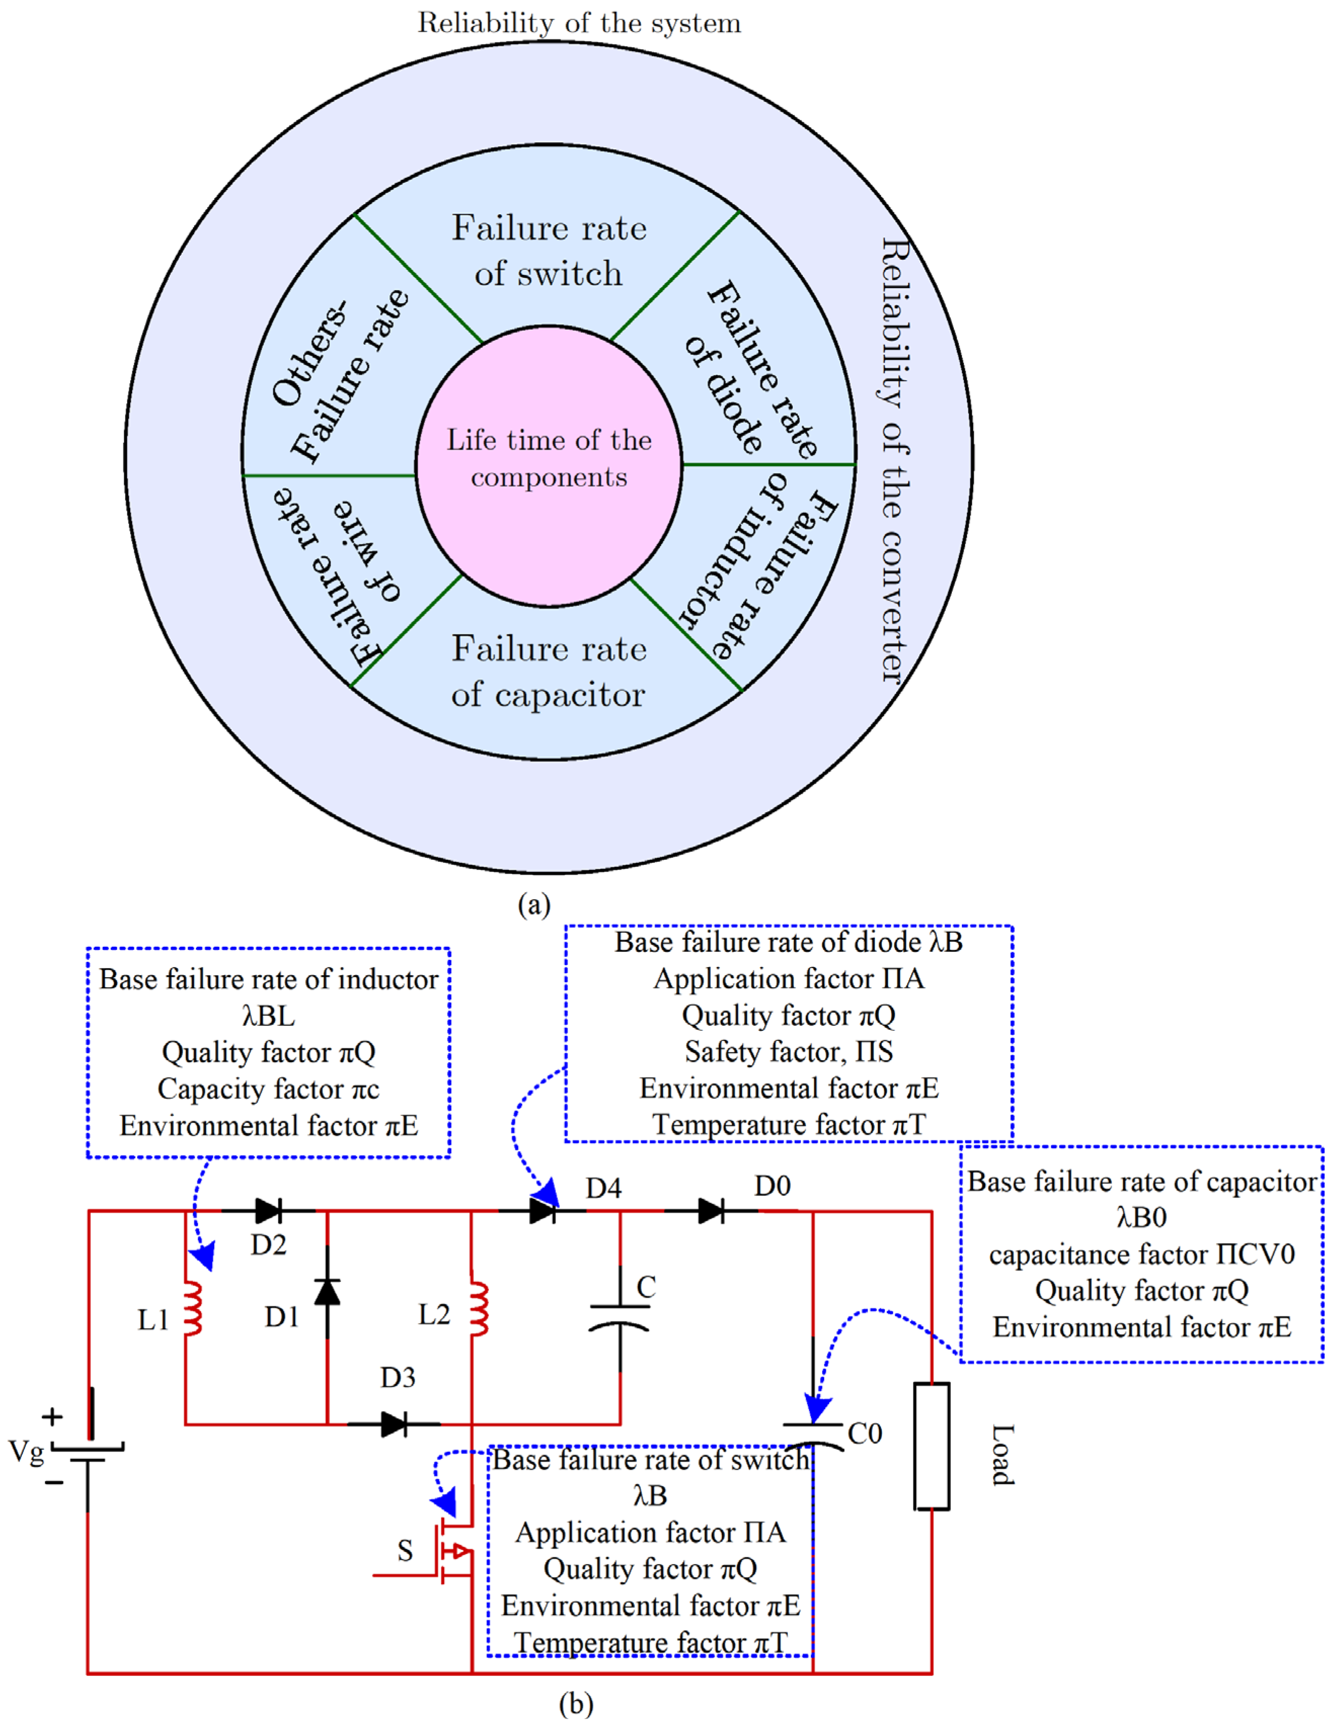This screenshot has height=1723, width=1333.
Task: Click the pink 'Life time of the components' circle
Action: click(x=548, y=465)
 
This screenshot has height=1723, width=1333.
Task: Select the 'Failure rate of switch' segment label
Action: click(x=548, y=251)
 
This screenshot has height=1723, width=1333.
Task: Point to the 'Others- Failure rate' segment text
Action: click(x=339, y=371)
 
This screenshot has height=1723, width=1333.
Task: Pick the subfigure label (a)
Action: click(x=534, y=904)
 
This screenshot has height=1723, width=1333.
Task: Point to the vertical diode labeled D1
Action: click(x=328, y=1292)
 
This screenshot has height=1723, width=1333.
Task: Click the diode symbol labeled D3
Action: click(x=393, y=1424)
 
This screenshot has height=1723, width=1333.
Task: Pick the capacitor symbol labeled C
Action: click(x=620, y=1317)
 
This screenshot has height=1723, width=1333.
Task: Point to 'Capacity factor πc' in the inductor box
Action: click(x=268, y=1089)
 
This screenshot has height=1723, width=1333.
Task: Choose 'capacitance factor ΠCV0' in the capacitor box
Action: click(x=1141, y=1254)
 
